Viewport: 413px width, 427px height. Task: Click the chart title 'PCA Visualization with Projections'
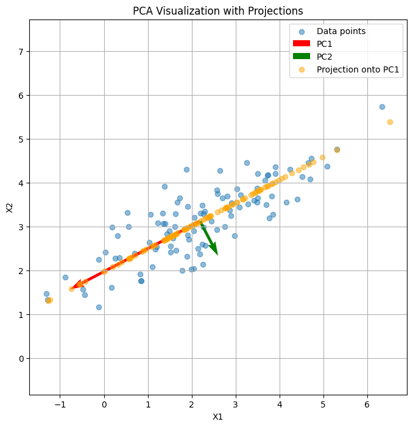pos(217,11)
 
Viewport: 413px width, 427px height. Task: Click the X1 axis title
pos(217,417)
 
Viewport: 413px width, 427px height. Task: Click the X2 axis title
pos(10,207)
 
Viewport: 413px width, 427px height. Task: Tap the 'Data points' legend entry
pos(341,31)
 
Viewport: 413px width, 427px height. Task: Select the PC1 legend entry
pos(325,44)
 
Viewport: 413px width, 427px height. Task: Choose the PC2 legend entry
pos(325,57)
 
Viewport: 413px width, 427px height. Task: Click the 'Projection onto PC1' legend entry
pos(358,69)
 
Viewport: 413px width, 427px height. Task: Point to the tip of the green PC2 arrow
pos(217,254)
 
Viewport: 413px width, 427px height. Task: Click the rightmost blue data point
pos(382,107)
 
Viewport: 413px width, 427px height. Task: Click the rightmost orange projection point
pos(390,122)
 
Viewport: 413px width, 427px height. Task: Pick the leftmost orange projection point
pos(49,300)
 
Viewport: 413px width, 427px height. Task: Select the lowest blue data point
pos(99,307)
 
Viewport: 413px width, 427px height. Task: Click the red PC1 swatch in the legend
pos(302,44)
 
